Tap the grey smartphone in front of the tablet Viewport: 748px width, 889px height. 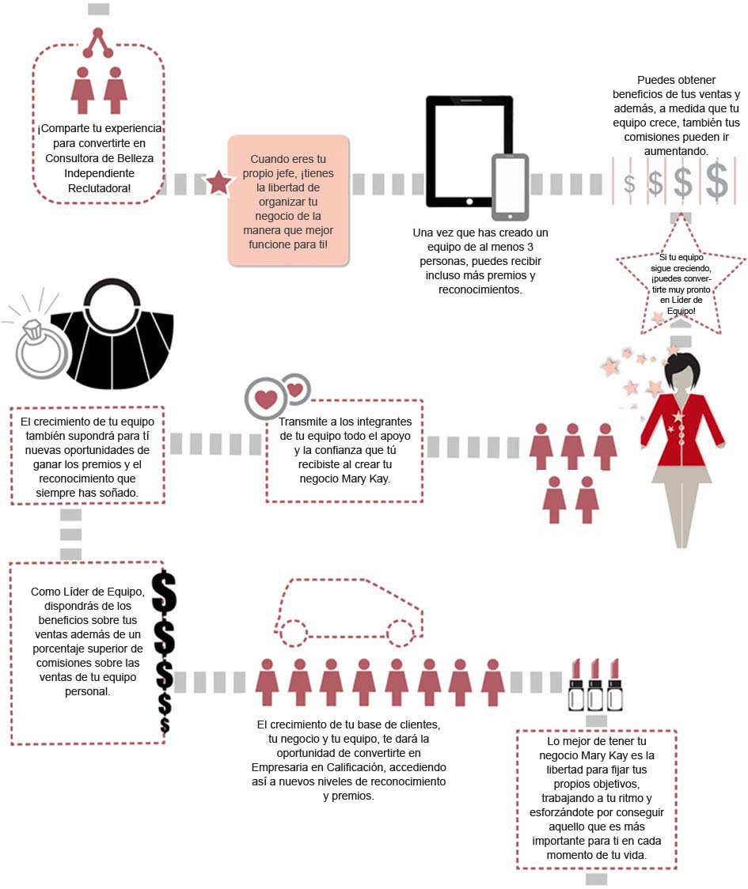[510, 187]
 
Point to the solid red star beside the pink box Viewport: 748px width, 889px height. [218, 183]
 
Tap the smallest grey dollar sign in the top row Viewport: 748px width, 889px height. [629, 184]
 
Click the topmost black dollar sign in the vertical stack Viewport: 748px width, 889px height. [164, 591]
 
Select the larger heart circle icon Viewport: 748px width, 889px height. [266, 399]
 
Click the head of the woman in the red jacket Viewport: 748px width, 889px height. [681, 371]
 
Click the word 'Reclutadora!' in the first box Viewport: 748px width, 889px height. [99, 187]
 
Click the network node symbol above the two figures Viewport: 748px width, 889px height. [98, 43]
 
